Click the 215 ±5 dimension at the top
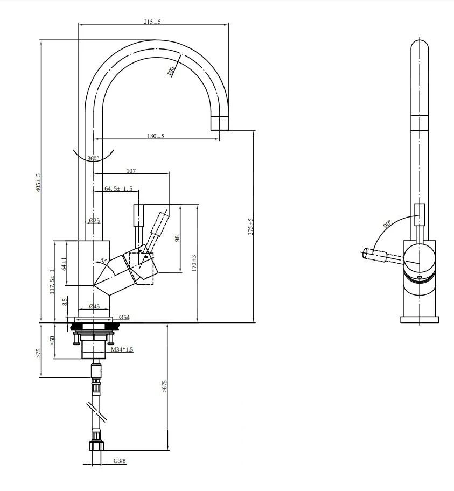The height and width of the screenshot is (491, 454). [x=152, y=22]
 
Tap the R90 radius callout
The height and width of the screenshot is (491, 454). [x=171, y=71]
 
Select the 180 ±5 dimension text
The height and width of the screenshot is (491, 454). [x=156, y=136]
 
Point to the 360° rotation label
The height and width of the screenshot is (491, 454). [x=93, y=158]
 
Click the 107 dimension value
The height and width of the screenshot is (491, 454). [x=131, y=171]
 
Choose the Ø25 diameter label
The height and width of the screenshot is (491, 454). [x=94, y=220]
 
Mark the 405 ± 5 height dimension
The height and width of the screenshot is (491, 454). [x=38, y=182]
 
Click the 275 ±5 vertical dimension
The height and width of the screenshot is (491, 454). [x=250, y=227]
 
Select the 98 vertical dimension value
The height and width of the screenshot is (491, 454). [x=177, y=238]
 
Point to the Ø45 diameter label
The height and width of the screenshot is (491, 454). [x=94, y=306]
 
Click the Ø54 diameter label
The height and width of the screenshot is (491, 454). [x=123, y=317]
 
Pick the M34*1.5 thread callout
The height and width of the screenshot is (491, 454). [x=122, y=349]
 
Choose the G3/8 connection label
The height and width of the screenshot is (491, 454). [x=120, y=461]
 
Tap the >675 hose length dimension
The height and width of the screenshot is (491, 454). [x=165, y=385]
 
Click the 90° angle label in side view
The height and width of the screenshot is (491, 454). [x=387, y=223]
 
